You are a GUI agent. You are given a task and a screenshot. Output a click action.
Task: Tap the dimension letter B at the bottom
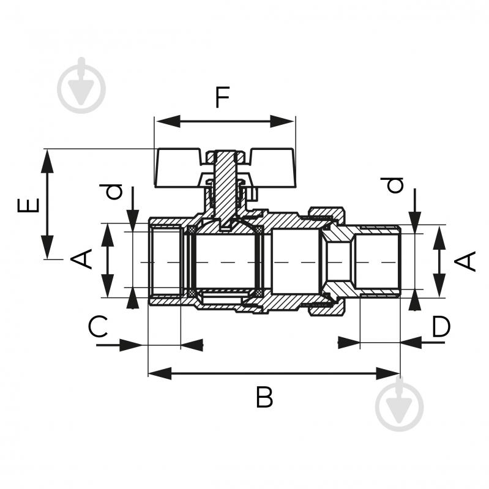(264, 398)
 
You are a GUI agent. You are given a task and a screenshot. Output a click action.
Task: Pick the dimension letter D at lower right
(441, 327)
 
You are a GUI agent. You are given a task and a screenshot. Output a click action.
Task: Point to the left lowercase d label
(114, 192)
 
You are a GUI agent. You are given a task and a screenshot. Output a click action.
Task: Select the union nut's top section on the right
(327, 214)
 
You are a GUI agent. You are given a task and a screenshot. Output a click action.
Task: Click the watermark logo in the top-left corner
(81, 86)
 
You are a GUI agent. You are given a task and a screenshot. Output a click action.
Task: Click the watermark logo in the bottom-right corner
(400, 404)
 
